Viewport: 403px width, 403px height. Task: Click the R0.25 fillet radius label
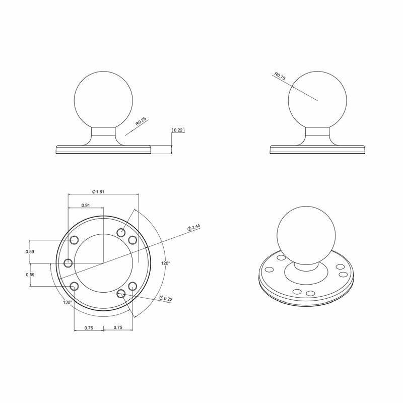coord(141,121)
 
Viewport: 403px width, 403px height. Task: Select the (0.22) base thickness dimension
coord(178,130)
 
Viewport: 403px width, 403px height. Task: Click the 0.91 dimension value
coord(86,206)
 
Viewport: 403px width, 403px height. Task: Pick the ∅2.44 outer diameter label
coord(194,228)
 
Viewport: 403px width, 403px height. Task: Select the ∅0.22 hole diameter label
coord(165,299)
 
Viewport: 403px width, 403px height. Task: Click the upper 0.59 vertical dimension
coord(30,251)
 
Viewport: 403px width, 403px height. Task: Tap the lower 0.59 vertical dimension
coord(30,275)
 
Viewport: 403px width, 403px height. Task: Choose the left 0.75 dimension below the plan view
coord(88,327)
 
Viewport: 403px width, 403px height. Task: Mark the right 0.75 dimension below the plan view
coord(118,327)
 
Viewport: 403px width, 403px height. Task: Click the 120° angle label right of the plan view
coord(166,263)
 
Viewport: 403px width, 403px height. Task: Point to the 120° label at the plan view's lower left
coord(68,303)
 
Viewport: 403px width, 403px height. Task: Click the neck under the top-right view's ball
coord(318,135)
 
